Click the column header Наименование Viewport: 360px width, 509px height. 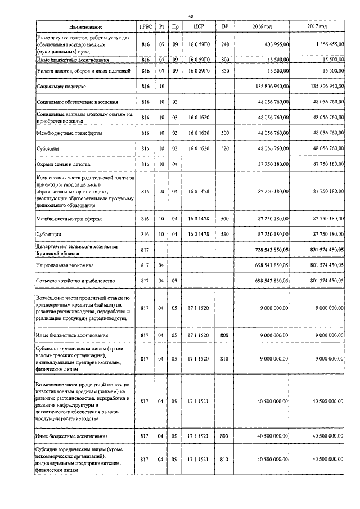[x=85, y=27]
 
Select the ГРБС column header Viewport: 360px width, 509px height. [x=145, y=27]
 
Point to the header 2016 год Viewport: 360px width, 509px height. [x=263, y=27]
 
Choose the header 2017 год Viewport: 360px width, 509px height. [x=317, y=27]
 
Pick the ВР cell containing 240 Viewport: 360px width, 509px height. [x=225, y=43]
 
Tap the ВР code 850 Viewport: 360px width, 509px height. [x=225, y=71]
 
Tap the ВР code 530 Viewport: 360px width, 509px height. [x=225, y=233]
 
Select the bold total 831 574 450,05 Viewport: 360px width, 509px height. [x=321, y=249]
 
